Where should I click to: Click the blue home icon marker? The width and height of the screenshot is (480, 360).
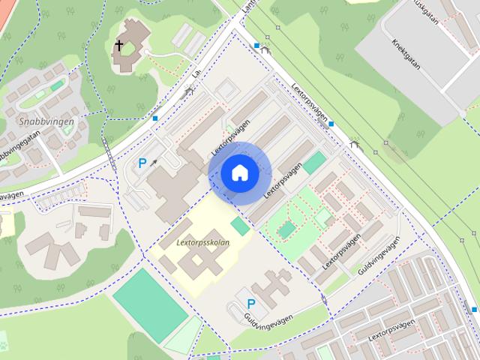point(239,172)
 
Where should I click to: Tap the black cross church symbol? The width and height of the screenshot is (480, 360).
point(118,46)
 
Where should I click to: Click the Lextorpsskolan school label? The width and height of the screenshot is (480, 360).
point(203,243)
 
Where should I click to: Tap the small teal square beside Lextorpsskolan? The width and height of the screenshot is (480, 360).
point(240,226)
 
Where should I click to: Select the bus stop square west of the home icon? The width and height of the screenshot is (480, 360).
point(155,118)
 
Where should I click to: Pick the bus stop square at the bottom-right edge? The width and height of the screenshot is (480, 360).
point(473,309)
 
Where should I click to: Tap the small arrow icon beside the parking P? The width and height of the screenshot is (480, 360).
point(154,160)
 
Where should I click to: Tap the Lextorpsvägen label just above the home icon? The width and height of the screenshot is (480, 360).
point(229,139)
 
